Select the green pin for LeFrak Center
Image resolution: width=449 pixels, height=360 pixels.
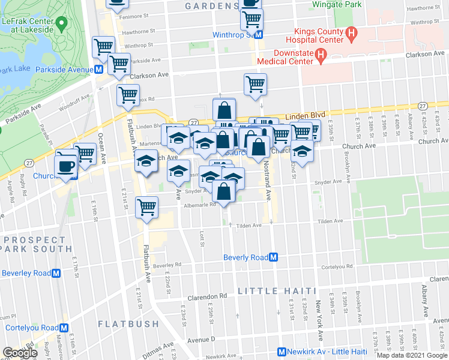60,24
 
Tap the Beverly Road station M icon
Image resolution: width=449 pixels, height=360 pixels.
273,257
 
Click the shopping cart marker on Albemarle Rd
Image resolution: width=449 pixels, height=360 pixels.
146,208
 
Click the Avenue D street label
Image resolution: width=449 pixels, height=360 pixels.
200,340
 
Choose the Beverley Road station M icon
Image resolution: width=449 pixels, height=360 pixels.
56,273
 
